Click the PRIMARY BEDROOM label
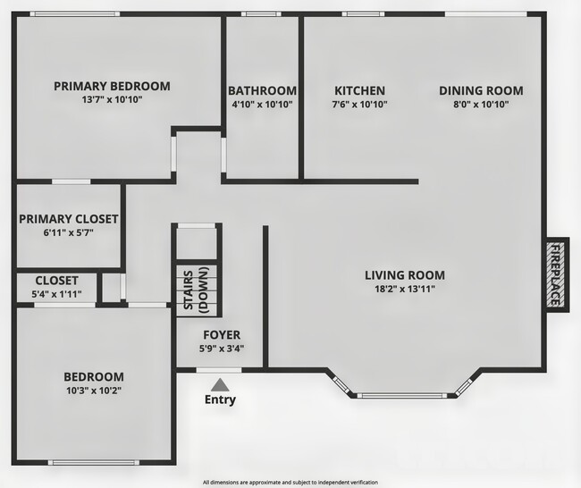click(x=112, y=87)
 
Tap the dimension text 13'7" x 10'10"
click(x=112, y=100)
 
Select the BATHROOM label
click(x=262, y=91)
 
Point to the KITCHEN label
click(x=359, y=91)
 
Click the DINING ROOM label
click(x=481, y=91)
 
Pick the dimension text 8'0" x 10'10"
click(x=481, y=105)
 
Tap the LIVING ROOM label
click(x=405, y=274)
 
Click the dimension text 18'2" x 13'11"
click(x=405, y=288)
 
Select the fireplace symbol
click(x=555, y=274)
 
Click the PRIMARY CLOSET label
click(x=69, y=219)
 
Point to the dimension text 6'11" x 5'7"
click(x=69, y=232)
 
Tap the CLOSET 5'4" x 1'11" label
click(x=56, y=287)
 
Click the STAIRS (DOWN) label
click(x=196, y=290)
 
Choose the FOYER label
click(x=220, y=336)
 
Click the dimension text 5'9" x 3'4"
click(x=220, y=349)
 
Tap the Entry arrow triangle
click(x=220, y=383)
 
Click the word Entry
click(x=220, y=400)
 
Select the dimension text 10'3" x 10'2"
click(x=93, y=391)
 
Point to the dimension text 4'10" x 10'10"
click(x=262, y=105)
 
